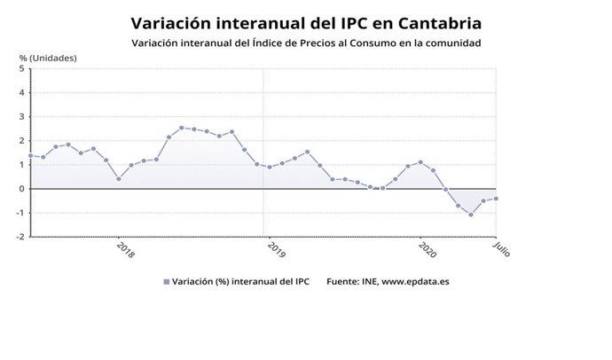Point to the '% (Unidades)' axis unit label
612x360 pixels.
click(x=49, y=59)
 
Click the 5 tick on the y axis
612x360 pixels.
click(x=20, y=68)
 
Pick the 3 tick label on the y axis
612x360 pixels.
click(x=20, y=116)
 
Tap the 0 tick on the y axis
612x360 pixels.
click(x=20, y=189)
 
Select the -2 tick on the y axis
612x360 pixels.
click(x=19, y=237)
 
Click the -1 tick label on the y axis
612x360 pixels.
click(x=19, y=213)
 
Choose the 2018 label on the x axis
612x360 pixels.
click(x=125, y=249)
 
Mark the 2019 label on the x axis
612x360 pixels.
click(x=274, y=249)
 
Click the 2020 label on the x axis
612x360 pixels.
click(x=426, y=249)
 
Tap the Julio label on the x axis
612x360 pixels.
click(x=501, y=249)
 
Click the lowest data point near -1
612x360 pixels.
click(x=471, y=215)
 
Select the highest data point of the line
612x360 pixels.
click(x=181, y=128)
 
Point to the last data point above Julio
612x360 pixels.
click(x=496, y=199)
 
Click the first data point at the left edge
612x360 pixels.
click(x=30, y=156)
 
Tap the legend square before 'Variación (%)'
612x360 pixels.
click(x=166, y=282)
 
